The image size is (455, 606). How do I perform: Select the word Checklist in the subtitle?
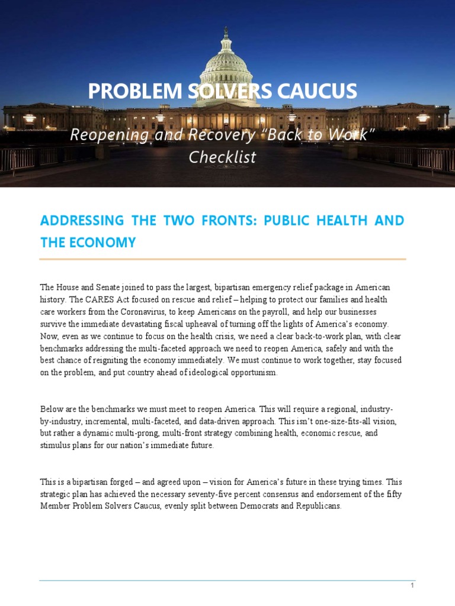click(222, 157)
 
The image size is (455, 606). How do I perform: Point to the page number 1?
click(412, 585)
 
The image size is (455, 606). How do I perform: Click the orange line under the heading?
click(222, 259)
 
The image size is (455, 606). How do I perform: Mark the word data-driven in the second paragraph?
click(245, 421)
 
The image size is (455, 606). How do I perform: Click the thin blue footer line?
click(227, 581)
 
